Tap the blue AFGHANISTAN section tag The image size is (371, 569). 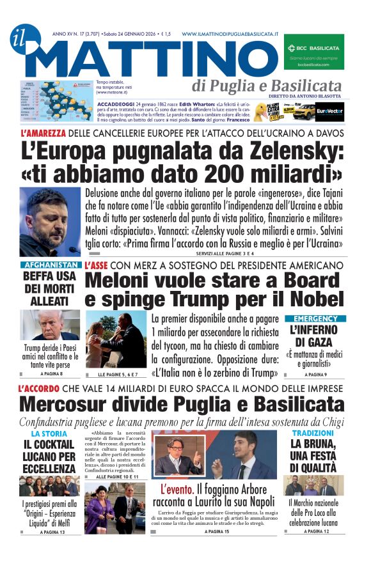[50, 265]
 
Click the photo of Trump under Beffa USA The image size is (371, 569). [50, 325]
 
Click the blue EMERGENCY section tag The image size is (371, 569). [315, 318]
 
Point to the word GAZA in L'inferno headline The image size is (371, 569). [315, 343]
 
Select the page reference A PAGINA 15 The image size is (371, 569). [217, 531]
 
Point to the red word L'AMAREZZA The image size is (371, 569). [43, 134]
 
